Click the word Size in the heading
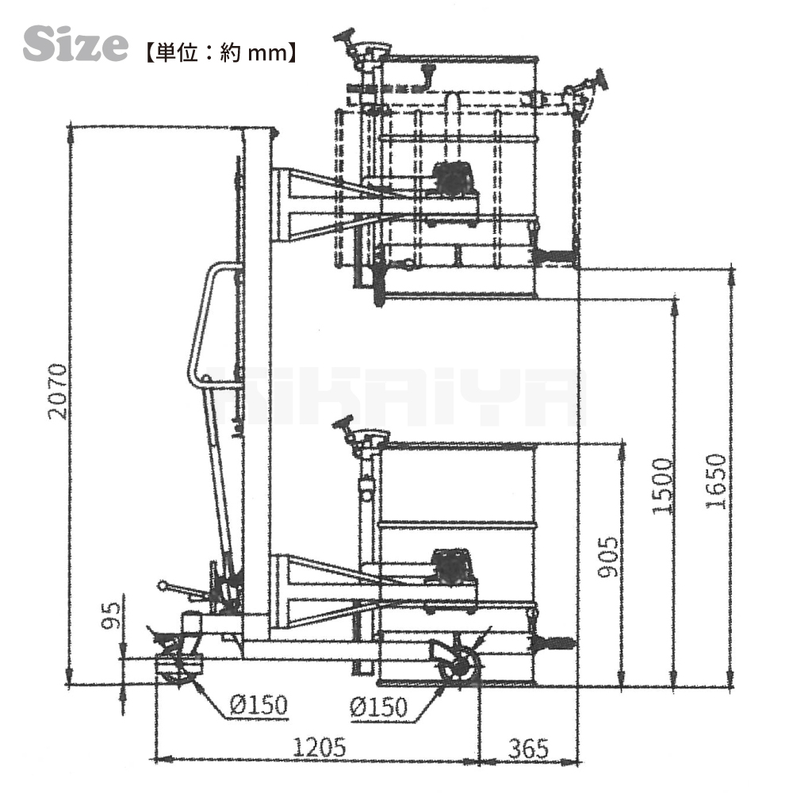(x=75, y=44)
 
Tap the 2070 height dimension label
(x=58, y=391)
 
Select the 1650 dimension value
(x=717, y=481)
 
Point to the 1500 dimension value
(x=662, y=486)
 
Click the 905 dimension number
(x=607, y=557)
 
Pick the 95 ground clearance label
(x=111, y=615)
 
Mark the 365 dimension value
(x=528, y=749)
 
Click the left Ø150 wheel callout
(x=259, y=704)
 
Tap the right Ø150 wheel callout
(x=378, y=707)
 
